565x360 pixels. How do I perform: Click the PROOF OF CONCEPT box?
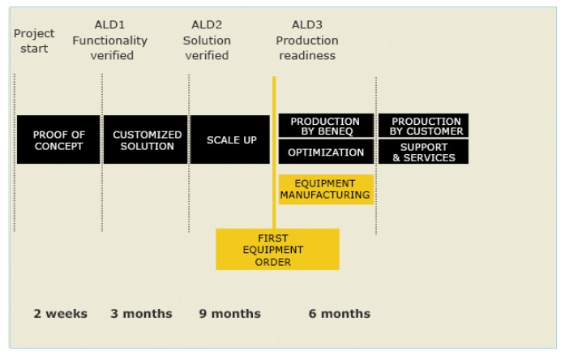click(58, 139)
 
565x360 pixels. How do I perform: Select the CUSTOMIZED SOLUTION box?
click(146, 139)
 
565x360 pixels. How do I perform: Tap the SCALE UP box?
click(230, 139)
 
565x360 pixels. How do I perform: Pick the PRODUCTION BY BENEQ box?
click(326, 126)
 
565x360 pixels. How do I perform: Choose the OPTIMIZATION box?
click(326, 152)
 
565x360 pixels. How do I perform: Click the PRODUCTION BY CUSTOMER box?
click(423, 126)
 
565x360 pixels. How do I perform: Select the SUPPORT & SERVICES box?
click(423, 152)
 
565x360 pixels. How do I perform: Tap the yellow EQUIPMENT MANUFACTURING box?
click(326, 190)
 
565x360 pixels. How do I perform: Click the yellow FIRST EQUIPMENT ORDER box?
click(277, 249)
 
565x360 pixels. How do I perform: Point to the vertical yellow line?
click(274, 152)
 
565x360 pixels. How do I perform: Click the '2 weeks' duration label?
click(61, 314)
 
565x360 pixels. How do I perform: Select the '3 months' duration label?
click(141, 314)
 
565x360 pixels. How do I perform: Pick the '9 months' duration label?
click(230, 314)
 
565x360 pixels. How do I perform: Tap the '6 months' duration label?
click(340, 314)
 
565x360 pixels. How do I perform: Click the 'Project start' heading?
click(34, 41)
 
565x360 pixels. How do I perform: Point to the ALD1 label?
click(109, 24)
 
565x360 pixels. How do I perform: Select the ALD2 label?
click(207, 24)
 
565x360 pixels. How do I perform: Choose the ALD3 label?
click(307, 24)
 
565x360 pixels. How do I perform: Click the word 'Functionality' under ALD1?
click(110, 41)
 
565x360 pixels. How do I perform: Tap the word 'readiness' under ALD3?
click(307, 55)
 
